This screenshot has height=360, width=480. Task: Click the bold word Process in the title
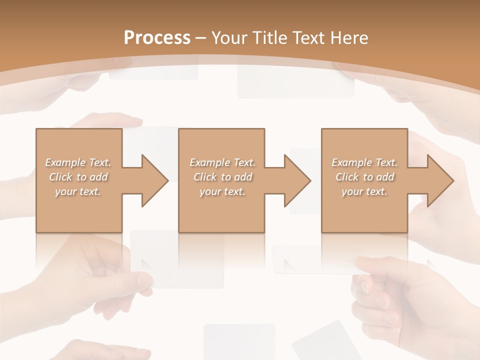(x=157, y=38)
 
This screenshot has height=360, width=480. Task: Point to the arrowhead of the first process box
(x=154, y=180)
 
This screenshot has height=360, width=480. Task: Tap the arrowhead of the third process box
(x=440, y=180)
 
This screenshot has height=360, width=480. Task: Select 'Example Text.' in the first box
(x=78, y=162)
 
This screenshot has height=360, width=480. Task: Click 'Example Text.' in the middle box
(x=222, y=162)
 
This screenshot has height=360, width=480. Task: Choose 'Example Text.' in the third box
(x=364, y=162)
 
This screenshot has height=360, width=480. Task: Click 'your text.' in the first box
(x=78, y=191)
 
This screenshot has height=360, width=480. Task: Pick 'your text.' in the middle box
(x=222, y=191)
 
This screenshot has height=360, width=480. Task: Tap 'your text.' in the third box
(x=364, y=191)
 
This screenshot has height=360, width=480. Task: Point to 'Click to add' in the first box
(x=78, y=177)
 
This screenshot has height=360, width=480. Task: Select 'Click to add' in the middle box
(x=222, y=177)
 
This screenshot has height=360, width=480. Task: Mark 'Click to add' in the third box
(x=364, y=177)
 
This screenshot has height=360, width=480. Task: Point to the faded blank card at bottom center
(x=239, y=340)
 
